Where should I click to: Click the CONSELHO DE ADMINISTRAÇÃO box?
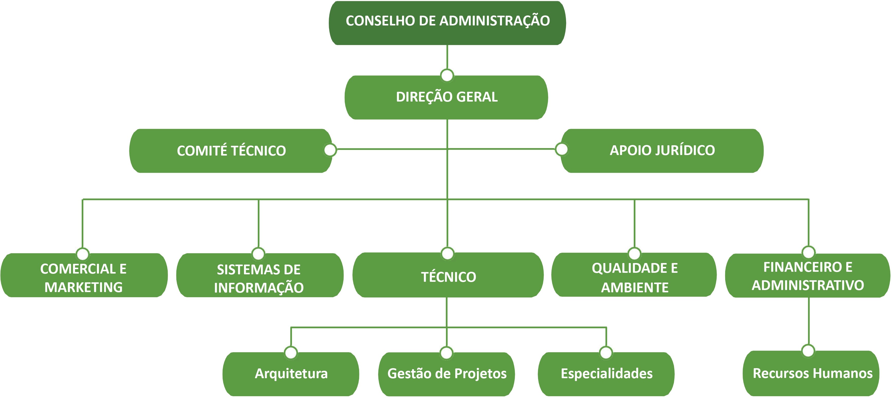(x=447, y=23)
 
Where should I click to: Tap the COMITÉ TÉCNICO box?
(x=231, y=151)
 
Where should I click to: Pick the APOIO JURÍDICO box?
(x=662, y=151)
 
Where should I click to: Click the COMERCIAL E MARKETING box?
(x=84, y=275)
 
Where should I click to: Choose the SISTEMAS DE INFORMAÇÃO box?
(x=259, y=275)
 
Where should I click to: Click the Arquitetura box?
(x=291, y=374)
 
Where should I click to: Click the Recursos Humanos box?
(x=811, y=373)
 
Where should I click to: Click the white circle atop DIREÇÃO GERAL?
(x=447, y=75)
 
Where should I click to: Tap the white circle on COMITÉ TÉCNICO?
(x=330, y=150)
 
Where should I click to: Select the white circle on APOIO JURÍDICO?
(x=561, y=149)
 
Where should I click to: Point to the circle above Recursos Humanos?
(x=808, y=350)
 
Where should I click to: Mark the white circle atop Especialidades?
(x=606, y=353)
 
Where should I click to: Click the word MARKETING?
(x=84, y=287)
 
